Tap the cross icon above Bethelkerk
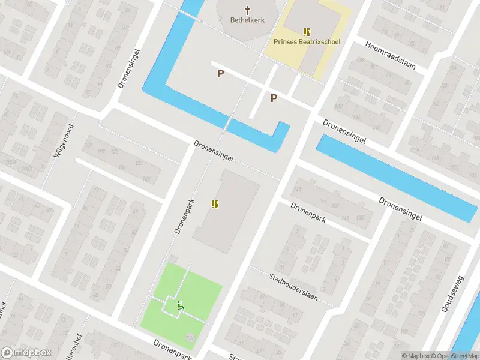[x=247, y=10]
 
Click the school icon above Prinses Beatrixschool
[x=307, y=32]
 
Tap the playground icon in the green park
[x=179, y=305]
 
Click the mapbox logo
[x=26, y=352]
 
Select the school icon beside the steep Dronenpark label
[x=215, y=204]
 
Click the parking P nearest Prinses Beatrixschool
[x=274, y=98]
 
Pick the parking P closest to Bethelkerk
[x=221, y=74]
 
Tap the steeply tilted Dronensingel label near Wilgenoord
[x=129, y=68]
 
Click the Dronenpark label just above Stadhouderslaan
[x=308, y=212]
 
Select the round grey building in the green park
[x=190, y=339]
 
